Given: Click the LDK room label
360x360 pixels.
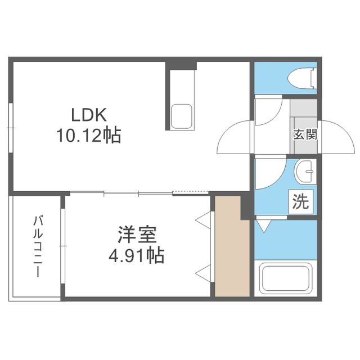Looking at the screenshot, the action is pos(89,115).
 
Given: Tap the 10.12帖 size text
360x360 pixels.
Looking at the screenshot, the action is pos(89,135).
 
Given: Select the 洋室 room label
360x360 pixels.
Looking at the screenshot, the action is pos(137,235).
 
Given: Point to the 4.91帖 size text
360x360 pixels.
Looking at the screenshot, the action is pos(136,255).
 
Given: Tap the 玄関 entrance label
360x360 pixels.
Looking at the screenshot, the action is pos(305,134).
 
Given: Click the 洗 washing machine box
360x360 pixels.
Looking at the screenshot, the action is pos(301,202).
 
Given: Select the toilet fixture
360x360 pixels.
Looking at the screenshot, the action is pos(302,78).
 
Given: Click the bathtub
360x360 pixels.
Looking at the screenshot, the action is pos(285,278).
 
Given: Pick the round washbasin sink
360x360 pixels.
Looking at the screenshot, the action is pos(304,172).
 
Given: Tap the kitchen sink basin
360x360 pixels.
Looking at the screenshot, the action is pos(182,116).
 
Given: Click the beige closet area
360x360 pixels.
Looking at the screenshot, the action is pos(232,246).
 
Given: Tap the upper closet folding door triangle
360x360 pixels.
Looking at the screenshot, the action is pos(204,220).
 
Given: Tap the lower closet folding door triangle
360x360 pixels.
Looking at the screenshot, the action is pos(204,273).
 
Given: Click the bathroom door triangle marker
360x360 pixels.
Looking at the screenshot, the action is pos(264,226).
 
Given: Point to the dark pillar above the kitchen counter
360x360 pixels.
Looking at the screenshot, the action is pos(181,66).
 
